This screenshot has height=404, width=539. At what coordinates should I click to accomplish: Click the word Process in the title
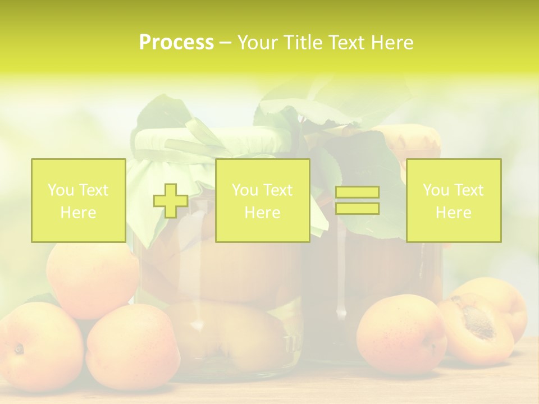(x=176, y=43)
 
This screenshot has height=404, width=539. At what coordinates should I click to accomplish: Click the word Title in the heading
(x=304, y=43)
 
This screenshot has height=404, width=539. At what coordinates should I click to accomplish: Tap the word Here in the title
(x=391, y=43)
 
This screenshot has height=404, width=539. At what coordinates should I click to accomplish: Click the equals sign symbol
(x=357, y=201)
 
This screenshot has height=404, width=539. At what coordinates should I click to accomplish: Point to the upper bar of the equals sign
(x=357, y=192)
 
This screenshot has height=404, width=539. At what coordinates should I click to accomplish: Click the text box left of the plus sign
(x=79, y=201)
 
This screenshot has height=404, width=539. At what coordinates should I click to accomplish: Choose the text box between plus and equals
(x=262, y=201)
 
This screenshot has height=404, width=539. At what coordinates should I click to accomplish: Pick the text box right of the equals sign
(x=454, y=201)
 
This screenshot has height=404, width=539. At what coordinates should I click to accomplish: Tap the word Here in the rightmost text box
(x=454, y=213)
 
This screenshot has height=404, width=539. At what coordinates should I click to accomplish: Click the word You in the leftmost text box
(x=60, y=190)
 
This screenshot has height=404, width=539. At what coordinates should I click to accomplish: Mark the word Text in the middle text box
(x=278, y=190)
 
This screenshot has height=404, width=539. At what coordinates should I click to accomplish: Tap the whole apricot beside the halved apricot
(x=401, y=334)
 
